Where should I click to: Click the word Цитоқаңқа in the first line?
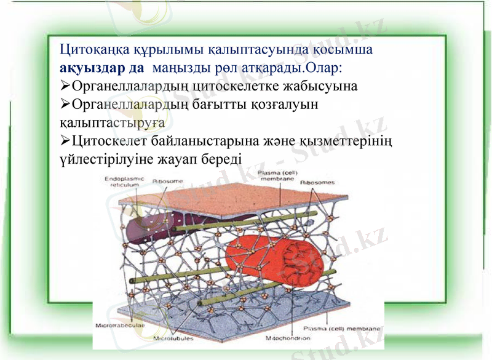tap(95, 49)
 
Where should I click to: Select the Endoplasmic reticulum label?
tap(124, 182)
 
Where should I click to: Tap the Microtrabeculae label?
tap(119, 324)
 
